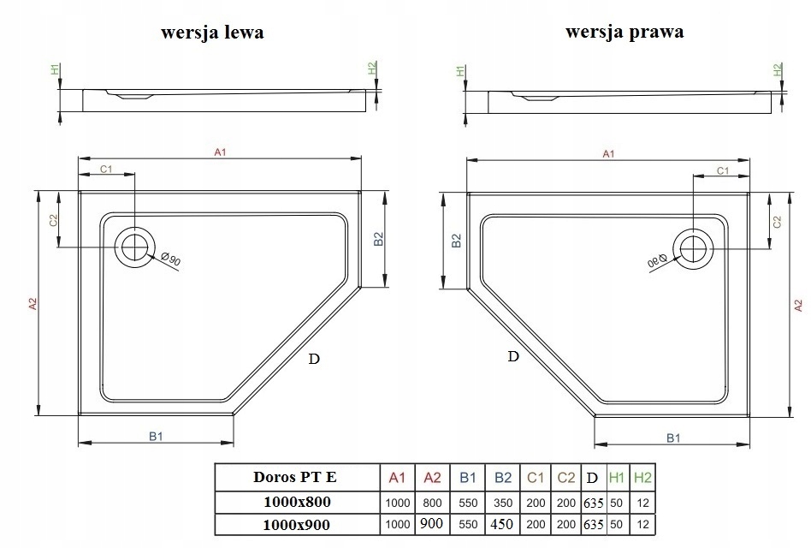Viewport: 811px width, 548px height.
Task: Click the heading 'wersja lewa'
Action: pyautogui.click(x=212, y=32)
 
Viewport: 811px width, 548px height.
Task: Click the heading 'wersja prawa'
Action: pyautogui.click(x=625, y=32)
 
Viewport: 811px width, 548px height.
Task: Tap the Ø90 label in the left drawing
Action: pyautogui.click(x=171, y=259)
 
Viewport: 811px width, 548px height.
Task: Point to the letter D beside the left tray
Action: pyautogui.click(x=314, y=359)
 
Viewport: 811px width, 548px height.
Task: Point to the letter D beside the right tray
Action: pyautogui.click(x=513, y=356)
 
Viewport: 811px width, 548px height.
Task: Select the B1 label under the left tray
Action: pyautogui.click(x=156, y=436)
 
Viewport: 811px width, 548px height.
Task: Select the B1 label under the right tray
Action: pyautogui.click(x=673, y=438)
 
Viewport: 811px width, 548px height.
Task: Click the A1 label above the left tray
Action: pyautogui.click(x=221, y=152)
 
